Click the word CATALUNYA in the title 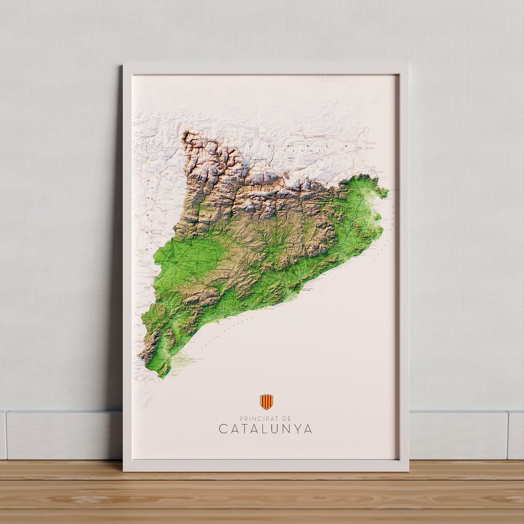[x=266, y=429]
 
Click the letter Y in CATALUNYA [x=297, y=429]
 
